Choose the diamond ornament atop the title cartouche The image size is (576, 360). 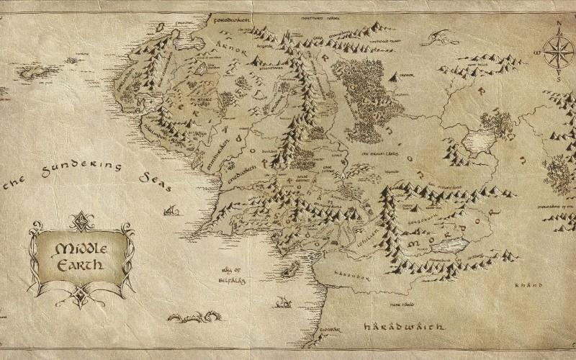pyautogui.click(x=81, y=217)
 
